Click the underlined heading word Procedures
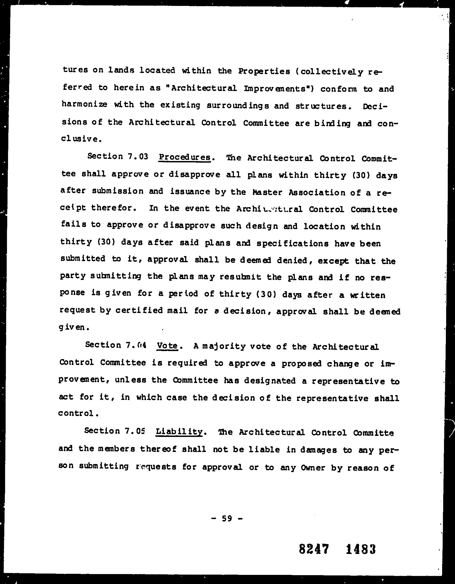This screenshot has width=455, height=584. (x=184, y=157)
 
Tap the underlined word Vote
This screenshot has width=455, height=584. (x=167, y=346)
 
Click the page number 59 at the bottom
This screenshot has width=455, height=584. (x=227, y=518)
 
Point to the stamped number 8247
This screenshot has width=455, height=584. (x=314, y=549)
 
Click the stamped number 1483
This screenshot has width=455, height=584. (x=361, y=549)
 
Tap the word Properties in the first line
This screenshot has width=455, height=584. (x=264, y=72)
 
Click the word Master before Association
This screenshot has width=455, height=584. (x=267, y=192)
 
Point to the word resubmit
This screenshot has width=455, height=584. (x=240, y=277)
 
